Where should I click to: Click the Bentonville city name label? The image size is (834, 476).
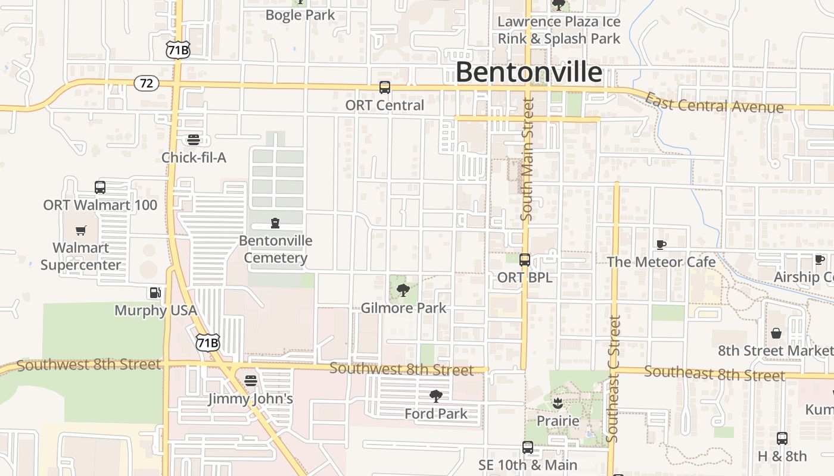pyautogui.click(x=528, y=73)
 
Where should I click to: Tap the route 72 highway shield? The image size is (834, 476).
pyautogui.click(x=147, y=83)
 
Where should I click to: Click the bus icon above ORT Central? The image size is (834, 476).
pyautogui.click(x=385, y=87)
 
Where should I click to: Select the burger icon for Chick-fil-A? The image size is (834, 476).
pyautogui.click(x=194, y=140)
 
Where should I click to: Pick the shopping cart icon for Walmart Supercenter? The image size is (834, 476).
pyautogui.click(x=81, y=230)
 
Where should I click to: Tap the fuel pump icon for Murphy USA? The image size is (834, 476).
pyautogui.click(x=155, y=292)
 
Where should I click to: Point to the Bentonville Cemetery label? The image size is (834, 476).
pyautogui.click(x=275, y=249)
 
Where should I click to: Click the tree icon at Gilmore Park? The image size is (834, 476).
pyautogui.click(x=403, y=291)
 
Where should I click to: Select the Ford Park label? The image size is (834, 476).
pyautogui.click(x=436, y=414)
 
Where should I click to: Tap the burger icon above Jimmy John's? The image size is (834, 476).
pyautogui.click(x=251, y=380)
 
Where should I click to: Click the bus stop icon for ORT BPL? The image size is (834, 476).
pyautogui.click(x=525, y=260)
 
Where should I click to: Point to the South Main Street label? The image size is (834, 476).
pyautogui.click(x=527, y=159)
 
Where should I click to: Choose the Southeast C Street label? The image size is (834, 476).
pyautogui.click(x=614, y=379)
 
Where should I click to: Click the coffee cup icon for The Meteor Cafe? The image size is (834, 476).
pyautogui.click(x=661, y=244)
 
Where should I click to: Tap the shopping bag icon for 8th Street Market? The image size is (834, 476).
pyautogui.click(x=776, y=333)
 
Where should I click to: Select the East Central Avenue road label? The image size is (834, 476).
pyautogui.click(x=714, y=104)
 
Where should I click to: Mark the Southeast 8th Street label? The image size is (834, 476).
pyautogui.click(x=714, y=374)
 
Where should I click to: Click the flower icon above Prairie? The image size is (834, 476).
pyautogui.click(x=558, y=403)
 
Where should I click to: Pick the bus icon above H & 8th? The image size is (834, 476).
pyautogui.click(x=782, y=439)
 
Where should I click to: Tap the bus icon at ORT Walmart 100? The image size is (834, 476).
pyautogui.click(x=100, y=187)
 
